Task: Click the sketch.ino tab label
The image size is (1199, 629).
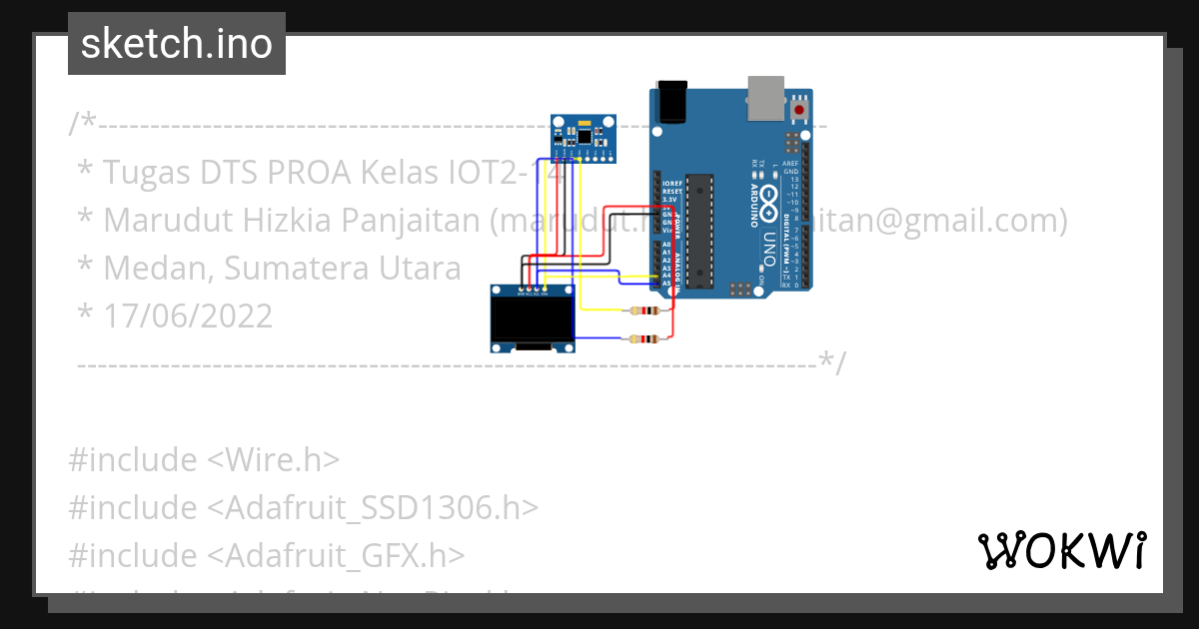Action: click(x=176, y=44)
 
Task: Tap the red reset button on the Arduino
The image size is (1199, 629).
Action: click(x=799, y=109)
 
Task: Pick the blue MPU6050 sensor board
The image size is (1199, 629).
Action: click(x=584, y=138)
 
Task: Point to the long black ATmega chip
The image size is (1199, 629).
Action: click(x=700, y=230)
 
